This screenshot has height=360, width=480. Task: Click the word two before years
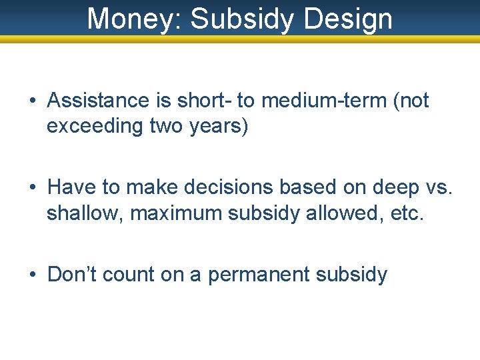pos(166,126)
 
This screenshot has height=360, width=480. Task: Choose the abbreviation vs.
pos(437,187)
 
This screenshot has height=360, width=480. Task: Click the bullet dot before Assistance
pos(33,101)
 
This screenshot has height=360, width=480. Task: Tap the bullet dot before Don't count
pos(33,275)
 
